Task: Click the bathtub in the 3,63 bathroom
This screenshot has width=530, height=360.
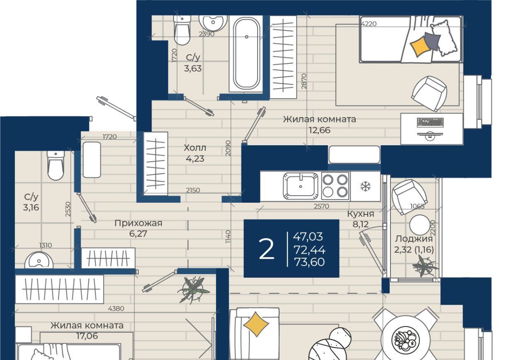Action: (246, 54)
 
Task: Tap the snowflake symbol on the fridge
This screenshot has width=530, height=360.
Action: (365, 186)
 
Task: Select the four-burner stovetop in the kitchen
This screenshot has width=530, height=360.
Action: (335, 186)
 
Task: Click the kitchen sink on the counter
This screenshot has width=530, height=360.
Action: (301, 186)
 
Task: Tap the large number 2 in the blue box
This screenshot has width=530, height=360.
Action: (266, 249)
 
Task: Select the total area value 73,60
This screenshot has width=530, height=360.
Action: (309, 262)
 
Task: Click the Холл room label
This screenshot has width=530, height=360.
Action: (195, 148)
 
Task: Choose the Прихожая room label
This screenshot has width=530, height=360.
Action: (138, 223)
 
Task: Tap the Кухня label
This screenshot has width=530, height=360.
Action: (361, 214)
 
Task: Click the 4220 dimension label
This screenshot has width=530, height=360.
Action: (369, 24)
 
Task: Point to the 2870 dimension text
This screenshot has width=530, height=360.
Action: (304, 81)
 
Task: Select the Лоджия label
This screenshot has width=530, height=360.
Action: (414, 239)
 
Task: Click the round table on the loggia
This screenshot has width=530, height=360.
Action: (419, 225)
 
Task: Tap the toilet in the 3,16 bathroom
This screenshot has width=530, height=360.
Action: (55, 166)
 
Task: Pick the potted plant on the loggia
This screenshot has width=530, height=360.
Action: (425, 266)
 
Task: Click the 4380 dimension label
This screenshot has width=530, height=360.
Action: (116, 308)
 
